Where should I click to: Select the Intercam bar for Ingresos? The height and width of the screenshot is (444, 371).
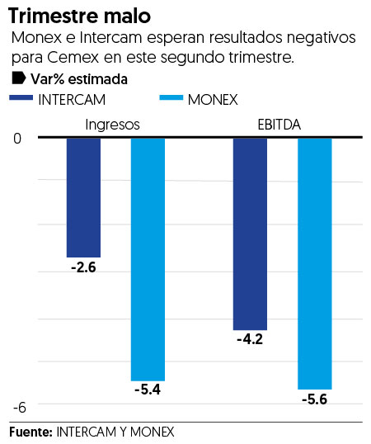pyautogui.click(x=83, y=197)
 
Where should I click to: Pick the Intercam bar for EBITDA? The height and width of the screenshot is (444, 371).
pyautogui.click(x=250, y=234)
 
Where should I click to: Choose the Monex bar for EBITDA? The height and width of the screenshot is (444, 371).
pyautogui.click(x=314, y=263)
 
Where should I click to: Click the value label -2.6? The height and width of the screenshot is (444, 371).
pyautogui.click(x=83, y=267)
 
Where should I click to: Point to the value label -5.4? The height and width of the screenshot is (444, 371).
pyautogui.click(x=148, y=390)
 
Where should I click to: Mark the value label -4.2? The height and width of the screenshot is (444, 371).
pyautogui.click(x=250, y=339)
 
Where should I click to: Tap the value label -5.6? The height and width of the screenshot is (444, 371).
pyautogui.click(x=314, y=399)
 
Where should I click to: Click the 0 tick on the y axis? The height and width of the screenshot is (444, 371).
pyautogui.click(x=18, y=138)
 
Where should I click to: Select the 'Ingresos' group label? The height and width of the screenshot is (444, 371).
pyautogui.click(x=113, y=125)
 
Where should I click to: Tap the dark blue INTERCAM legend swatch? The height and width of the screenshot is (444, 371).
pyautogui.click(x=23, y=99)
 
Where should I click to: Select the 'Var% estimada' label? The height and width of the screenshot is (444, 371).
pyautogui.click(x=79, y=79)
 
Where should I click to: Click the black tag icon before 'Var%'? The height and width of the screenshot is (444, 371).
pyautogui.click(x=19, y=79)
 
